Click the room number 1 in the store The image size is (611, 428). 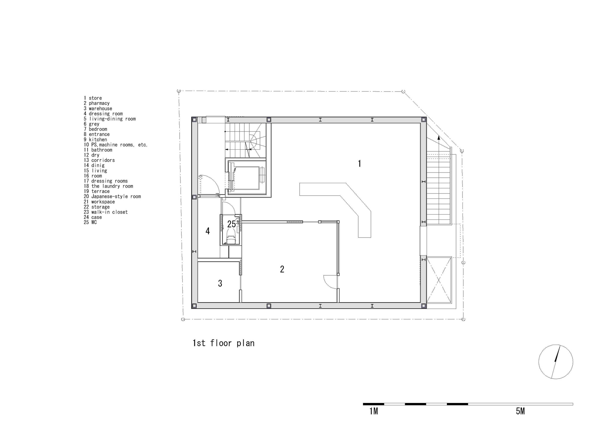click(360, 164)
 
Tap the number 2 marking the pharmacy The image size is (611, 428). click(282, 269)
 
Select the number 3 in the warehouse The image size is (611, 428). click(220, 283)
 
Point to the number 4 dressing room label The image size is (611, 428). click(208, 231)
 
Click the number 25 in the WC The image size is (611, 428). click(232, 224)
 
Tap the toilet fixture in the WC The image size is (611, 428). click(231, 237)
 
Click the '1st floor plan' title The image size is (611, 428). click(224, 343)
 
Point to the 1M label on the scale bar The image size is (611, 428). click(374, 411)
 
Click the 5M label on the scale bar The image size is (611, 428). click(520, 411)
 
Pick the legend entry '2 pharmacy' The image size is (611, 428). click(97, 103)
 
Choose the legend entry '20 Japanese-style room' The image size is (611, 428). click(112, 197)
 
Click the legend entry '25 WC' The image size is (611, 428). click(90, 222)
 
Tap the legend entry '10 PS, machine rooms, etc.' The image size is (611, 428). click(116, 145)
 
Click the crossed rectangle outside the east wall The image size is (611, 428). click(439, 280)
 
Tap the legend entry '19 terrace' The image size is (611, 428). click(97, 191)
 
